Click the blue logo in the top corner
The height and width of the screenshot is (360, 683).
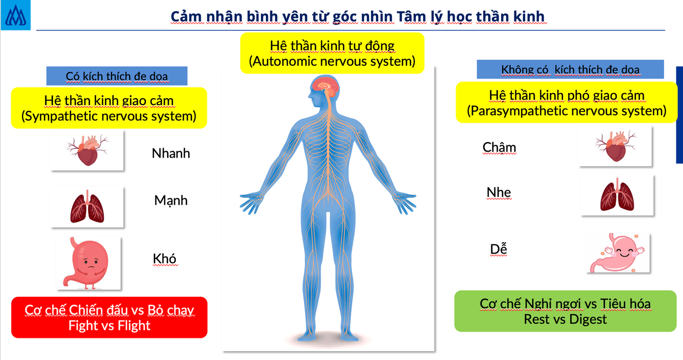pos(16,15)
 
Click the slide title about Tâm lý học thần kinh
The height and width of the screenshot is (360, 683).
pos(357,17)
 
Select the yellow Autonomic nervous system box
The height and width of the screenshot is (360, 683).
pos(332,54)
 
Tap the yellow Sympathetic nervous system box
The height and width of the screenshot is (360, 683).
pos(109,108)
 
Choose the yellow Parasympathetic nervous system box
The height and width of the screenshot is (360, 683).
pos(567,103)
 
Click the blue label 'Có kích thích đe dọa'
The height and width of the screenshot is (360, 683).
pos(117,76)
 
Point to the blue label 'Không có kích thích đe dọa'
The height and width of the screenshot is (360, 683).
pos(570,69)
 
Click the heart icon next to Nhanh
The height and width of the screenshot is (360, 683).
pos(87,150)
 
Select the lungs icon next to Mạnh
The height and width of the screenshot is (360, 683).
pos(87,207)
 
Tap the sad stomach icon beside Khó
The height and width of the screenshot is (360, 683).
pos(88,263)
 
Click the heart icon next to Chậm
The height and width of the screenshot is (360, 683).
pos(615,146)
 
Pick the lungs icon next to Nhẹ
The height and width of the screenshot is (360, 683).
pos(617,195)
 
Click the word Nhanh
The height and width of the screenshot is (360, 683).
pos(171,153)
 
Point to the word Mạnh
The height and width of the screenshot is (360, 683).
pos(171,200)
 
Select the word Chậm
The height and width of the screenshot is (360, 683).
pos(499,147)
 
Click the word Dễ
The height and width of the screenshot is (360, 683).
pos(498,249)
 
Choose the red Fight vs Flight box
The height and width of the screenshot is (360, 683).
pos(109,317)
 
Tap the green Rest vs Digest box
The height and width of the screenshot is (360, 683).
pos(565,311)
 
